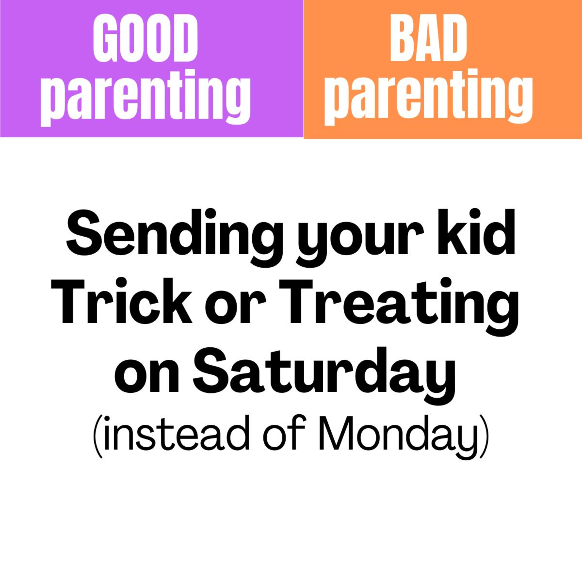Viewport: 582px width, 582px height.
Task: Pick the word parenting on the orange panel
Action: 428,99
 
